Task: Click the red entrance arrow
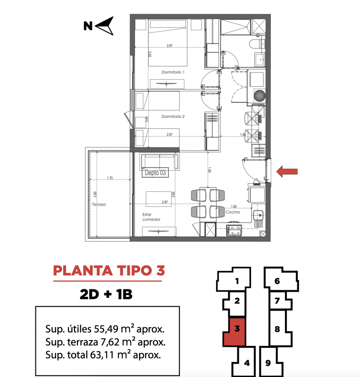click(287, 172)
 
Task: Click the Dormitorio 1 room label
click(173, 72)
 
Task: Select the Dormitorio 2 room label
click(173, 116)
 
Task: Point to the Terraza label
click(99, 205)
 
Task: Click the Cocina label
click(233, 212)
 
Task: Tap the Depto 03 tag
click(155, 172)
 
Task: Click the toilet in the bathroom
click(257, 44)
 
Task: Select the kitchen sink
click(258, 215)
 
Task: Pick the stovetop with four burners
click(234, 230)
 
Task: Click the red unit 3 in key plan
click(235, 331)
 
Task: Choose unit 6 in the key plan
click(281, 279)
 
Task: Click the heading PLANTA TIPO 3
click(109, 270)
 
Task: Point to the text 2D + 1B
click(106, 294)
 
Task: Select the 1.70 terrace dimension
click(110, 178)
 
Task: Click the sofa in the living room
click(160, 161)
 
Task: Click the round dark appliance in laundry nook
click(260, 96)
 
